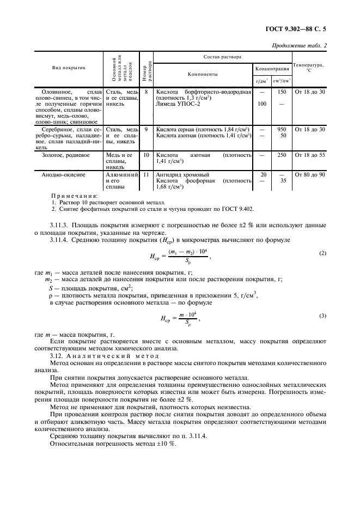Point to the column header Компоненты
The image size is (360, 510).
point(203,73)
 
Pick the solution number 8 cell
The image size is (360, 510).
point(147,92)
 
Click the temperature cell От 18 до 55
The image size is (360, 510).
point(309,155)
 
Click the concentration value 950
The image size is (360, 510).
point(282,129)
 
